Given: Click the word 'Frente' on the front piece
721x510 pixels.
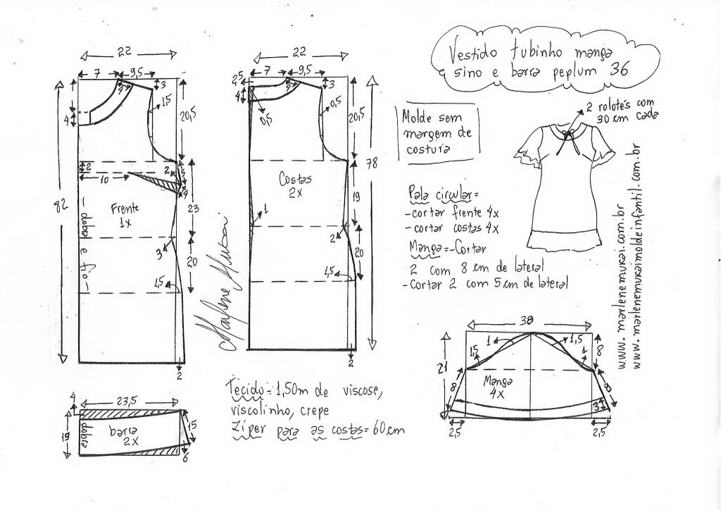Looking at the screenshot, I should point(125,208).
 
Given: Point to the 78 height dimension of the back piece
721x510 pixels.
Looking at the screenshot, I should point(371,164).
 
